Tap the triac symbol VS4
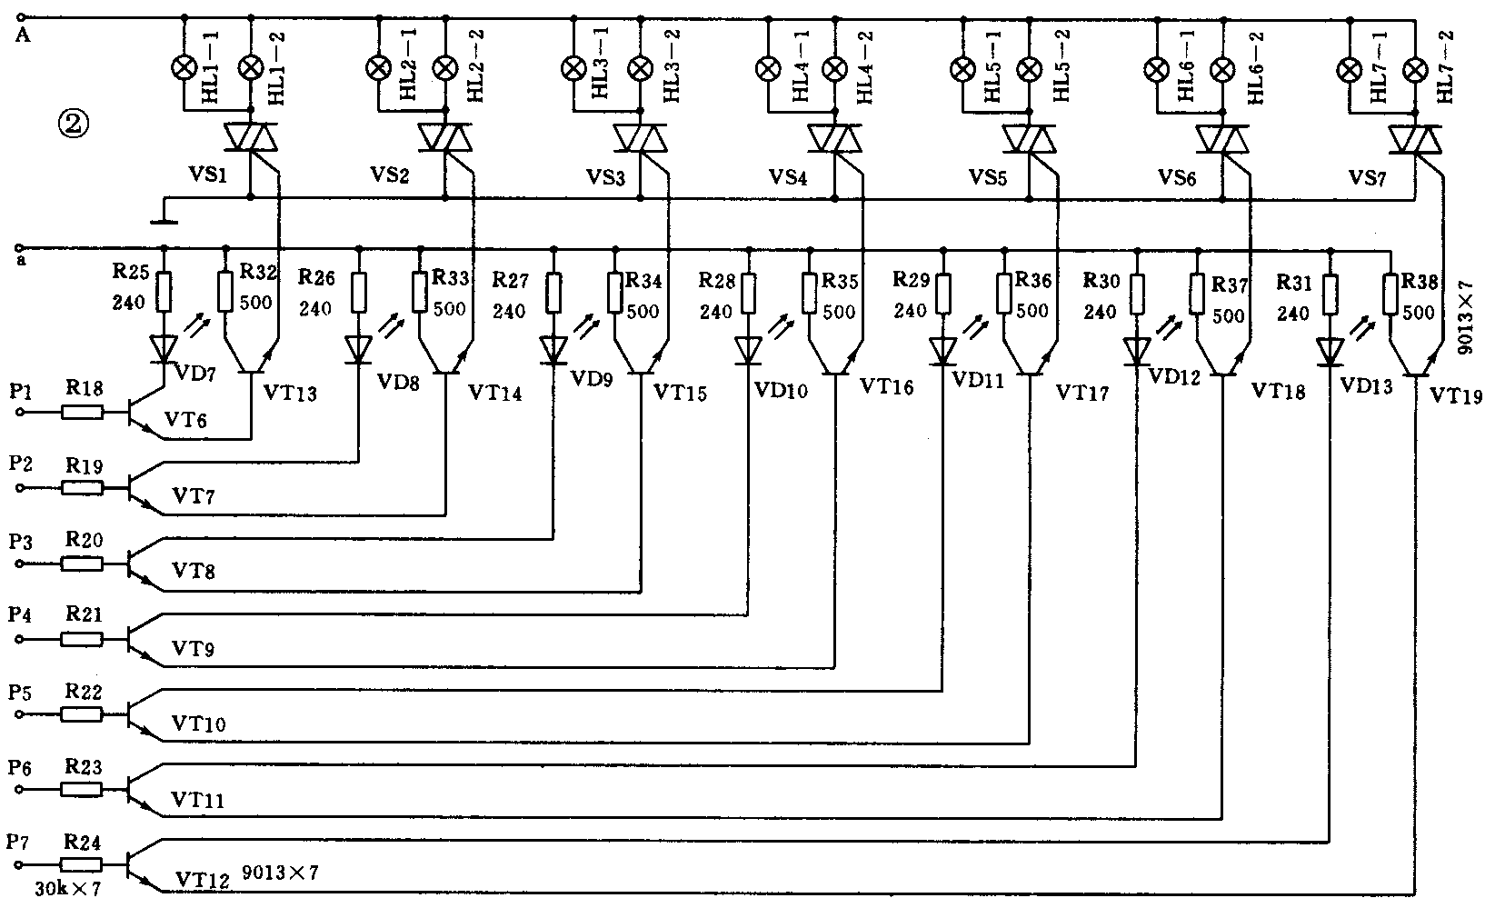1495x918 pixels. point(834,139)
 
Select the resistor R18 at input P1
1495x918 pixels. point(83,412)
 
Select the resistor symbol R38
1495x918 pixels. point(1391,294)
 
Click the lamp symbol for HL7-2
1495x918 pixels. point(1415,68)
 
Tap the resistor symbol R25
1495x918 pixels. point(164,293)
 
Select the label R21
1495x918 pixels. point(84,615)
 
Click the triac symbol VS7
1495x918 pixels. point(1415,139)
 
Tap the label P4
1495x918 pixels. point(21,615)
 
